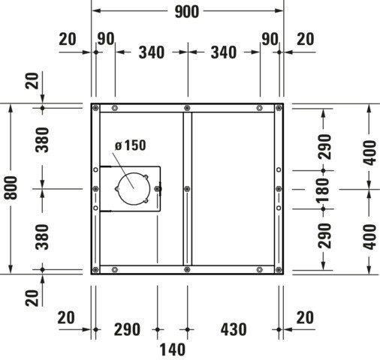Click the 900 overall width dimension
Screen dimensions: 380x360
click(x=187, y=11)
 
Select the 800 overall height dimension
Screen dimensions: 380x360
click(x=11, y=187)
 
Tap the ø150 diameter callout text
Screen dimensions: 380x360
click(x=130, y=145)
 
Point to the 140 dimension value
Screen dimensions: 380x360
click(x=173, y=349)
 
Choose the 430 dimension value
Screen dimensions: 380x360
click(x=234, y=329)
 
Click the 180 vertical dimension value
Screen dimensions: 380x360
click(x=324, y=190)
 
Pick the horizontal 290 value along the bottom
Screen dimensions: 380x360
click(x=127, y=329)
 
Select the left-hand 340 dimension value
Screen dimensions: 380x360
click(x=152, y=52)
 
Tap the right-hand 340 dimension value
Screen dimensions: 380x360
click(x=224, y=52)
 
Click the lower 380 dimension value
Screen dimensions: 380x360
click(x=42, y=237)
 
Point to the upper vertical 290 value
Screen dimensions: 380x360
click(x=324, y=146)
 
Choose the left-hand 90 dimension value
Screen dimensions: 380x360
click(x=106, y=39)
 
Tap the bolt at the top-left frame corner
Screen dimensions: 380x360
click(x=95, y=108)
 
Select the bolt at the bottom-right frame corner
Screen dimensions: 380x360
click(x=279, y=270)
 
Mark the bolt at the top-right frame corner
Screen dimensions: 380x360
click(x=279, y=108)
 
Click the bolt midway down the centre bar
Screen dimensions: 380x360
click(x=187, y=189)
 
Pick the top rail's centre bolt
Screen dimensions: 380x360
click(x=187, y=108)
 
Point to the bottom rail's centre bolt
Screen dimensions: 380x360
click(x=187, y=269)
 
